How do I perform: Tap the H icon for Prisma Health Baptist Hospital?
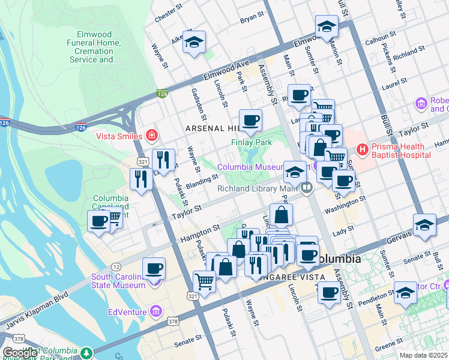(362, 149)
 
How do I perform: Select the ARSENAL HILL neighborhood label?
(210, 128)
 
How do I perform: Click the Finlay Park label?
(252, 142)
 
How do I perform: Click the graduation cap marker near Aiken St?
(194, 43)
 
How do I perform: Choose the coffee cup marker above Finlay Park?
(250, 121)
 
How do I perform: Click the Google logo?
(20, 353)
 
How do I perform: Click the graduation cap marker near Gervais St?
(424, 224)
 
